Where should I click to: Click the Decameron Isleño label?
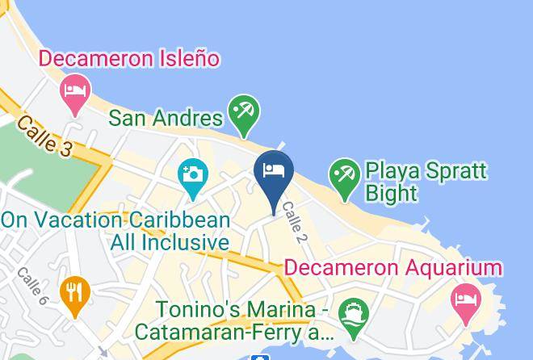pos(129,59)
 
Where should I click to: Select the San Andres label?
pos(166,118)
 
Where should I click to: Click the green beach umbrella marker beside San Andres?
pos(242,113)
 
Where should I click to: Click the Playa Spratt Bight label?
pos(426,182)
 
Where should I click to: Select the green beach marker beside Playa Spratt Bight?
pos(345,177)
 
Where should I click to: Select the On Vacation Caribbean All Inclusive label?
pos(115,231)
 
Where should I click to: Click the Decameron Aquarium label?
pos(394,268)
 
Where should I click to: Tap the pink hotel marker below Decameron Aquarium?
pos(465,301)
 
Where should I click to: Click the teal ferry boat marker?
pos(353,314)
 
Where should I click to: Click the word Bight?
pos(391,193)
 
